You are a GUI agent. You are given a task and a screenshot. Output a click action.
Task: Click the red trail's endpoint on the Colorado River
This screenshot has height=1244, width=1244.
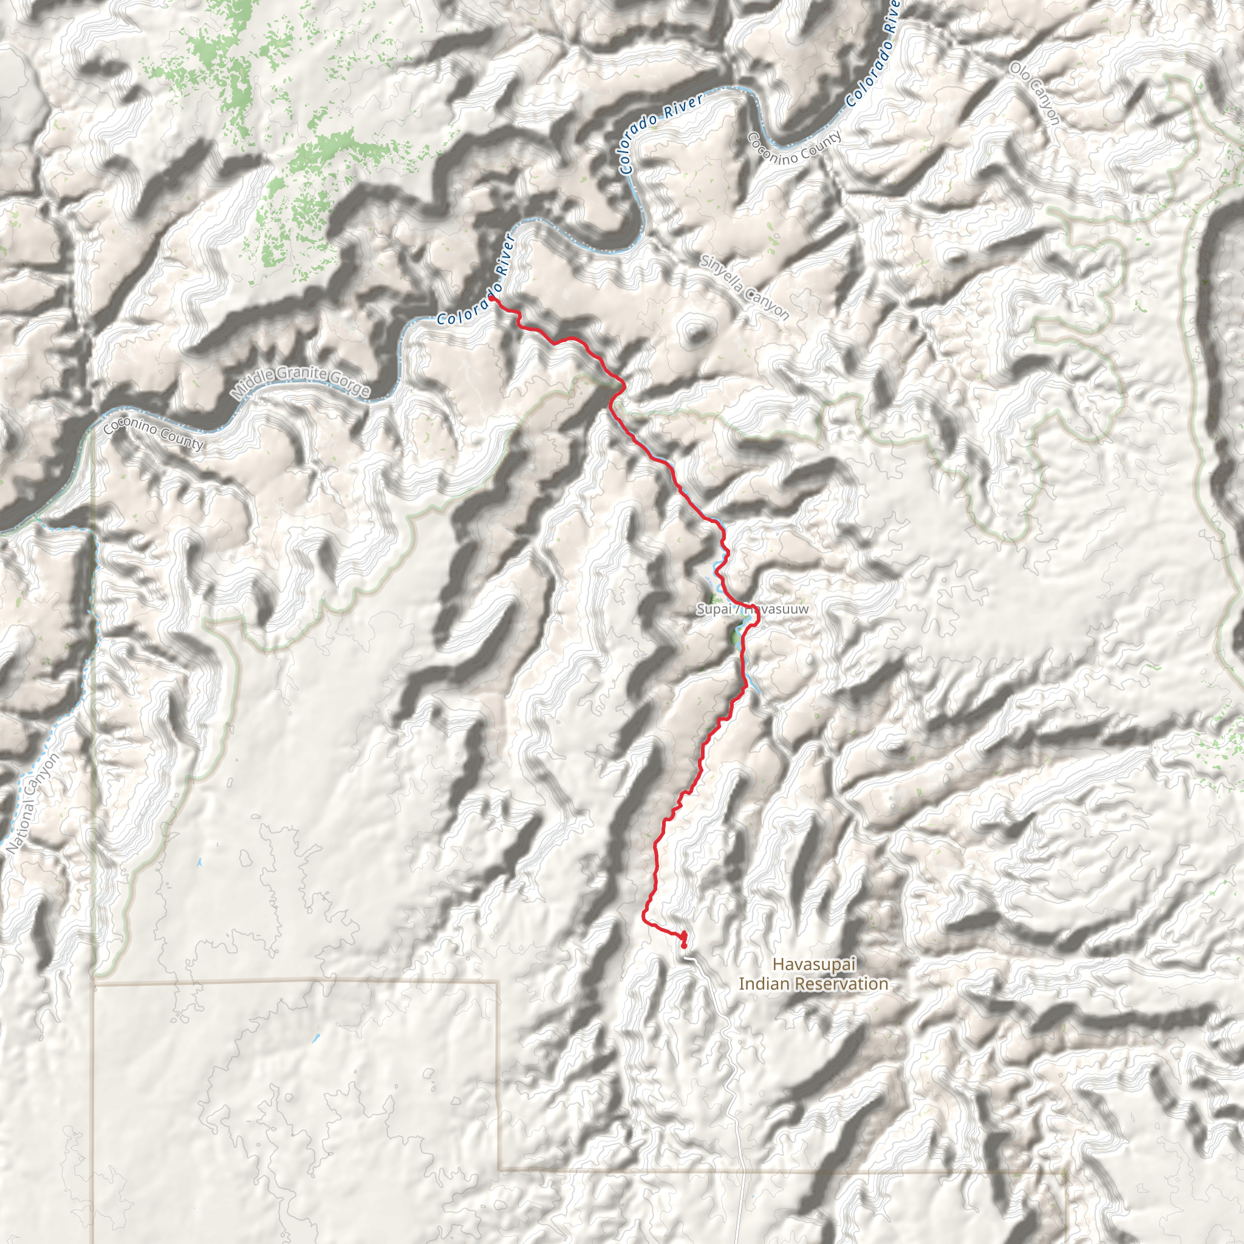pyautogui.click(x=491, y=298)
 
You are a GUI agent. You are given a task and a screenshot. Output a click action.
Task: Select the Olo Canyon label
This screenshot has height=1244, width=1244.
pyautogui.click(x=1034, y=94)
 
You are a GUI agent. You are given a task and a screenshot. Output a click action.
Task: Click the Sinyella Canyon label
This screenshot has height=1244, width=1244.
pyautogui.click(x=744, y=288)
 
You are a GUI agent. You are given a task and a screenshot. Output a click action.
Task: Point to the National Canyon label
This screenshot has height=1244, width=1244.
pyautogui.click(x=33, y=804)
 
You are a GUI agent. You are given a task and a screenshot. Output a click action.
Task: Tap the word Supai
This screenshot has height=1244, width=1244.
pyautogui.click(x=714, y=609)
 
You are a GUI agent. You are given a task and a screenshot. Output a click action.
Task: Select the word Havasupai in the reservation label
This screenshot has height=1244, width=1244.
pyautogui.click(x=814, y=964)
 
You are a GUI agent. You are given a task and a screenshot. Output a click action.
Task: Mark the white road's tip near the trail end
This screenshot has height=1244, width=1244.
pyautogui.click(x=685, y=957)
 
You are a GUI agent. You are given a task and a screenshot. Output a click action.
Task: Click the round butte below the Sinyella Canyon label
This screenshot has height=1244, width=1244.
pyautogui.click(x=694, y=332)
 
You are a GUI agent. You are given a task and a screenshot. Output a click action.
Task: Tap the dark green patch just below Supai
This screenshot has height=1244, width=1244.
pyautogui.click(x=735, y=638)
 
